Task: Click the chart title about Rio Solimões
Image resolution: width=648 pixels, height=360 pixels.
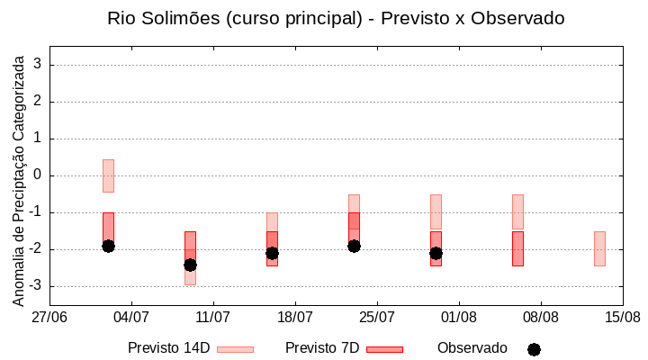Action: click(336, 18)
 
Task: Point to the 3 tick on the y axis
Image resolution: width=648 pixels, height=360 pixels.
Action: click(39, 65)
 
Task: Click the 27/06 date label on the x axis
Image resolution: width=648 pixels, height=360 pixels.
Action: click(49, 317)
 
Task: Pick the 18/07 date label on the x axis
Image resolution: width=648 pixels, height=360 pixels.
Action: click(295, 317)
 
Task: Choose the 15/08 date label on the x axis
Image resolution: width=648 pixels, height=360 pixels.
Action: click(623, 317)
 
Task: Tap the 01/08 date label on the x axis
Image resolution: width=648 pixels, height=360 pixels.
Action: click(459, 317)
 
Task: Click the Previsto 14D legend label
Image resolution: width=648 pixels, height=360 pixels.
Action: click(169, 348)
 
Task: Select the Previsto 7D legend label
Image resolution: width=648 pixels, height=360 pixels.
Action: click(322, 348)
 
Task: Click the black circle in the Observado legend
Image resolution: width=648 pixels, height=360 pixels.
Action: click(534, 349)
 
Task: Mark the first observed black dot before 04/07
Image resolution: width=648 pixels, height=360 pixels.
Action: click(108, 246)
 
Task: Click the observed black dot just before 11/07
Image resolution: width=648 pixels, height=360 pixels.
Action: click(190, 265)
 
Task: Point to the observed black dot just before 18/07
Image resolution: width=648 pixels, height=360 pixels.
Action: click(272, 253)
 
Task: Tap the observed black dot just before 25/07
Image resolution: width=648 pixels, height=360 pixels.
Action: click(354, 246)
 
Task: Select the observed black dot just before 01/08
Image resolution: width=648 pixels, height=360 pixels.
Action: click(436, 253)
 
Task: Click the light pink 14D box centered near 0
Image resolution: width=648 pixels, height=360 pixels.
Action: click(108, 175)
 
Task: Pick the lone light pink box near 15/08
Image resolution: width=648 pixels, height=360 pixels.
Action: click(599, 248)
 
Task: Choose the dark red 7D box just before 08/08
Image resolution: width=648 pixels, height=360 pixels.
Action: click(517, 248)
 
